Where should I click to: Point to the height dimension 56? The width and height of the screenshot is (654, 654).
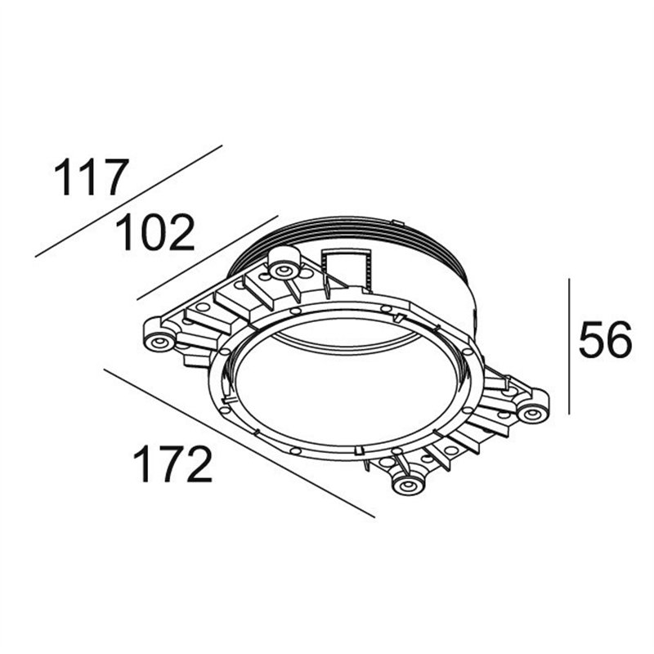(x=605, y=341)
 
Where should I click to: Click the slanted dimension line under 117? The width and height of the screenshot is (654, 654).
(x=128, y=201)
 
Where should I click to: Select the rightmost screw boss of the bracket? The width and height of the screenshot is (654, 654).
(x=534, y=412)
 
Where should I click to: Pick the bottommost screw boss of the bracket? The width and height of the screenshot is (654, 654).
(x=407, y=485)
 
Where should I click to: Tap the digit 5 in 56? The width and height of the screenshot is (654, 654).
(x=591, y=341)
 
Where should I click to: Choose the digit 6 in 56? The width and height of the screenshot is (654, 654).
(x=619, y=341)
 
